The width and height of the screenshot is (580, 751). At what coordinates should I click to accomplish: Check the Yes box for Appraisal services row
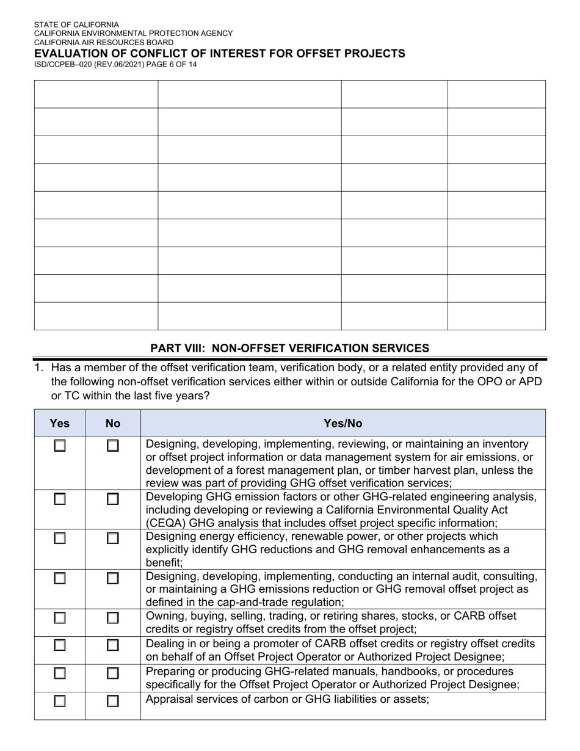(x=59, y=702)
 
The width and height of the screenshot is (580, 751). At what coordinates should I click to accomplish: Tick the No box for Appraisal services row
(x=112, y=702)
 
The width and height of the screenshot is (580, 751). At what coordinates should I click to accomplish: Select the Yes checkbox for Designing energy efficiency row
(x=59, y=539)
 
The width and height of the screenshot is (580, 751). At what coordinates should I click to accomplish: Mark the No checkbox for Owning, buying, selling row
(x=112, y=618)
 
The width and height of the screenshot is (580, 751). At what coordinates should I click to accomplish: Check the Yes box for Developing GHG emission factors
(x=59, y=499)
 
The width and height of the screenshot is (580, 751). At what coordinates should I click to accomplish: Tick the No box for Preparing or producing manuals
(x=112, y=673)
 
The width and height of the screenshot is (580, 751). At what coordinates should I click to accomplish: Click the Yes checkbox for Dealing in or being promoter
(x=59, y=645)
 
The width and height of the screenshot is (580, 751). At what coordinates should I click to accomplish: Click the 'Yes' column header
(x=59, y=423)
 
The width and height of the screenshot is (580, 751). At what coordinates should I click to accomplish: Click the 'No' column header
(x=112, y=423)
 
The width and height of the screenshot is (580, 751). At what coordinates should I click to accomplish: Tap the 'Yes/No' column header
(x=343, y=423)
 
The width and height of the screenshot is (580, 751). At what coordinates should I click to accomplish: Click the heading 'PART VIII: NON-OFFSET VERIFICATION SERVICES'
(x=289, y=348)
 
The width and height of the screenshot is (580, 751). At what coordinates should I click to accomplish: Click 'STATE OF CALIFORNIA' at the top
(x=76, y=25)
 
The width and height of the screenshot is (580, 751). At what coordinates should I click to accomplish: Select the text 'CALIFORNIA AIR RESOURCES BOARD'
(x=103, y=43)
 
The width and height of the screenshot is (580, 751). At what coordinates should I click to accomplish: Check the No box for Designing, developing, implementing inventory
(x=112, y=446)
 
